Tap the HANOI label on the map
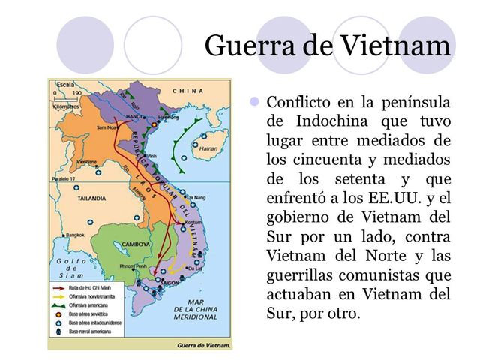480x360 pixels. point(136,118)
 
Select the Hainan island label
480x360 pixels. point(208,148)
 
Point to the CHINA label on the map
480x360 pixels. point(187,91)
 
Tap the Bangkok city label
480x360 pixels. point(75,235)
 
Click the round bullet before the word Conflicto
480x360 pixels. point(253,100)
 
